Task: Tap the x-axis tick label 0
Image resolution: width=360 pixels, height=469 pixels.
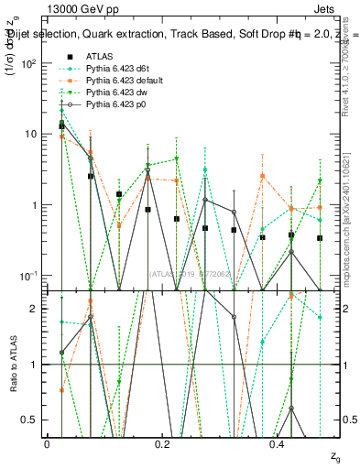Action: click(48, 443)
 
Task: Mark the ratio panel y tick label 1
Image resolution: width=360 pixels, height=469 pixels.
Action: click(34, 365)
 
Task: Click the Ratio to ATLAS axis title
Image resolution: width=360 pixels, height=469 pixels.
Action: click(13, 364)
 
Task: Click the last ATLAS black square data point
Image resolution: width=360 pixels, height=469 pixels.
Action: click(320, 238)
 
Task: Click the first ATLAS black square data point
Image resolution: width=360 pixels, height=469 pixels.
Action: click(61, 125)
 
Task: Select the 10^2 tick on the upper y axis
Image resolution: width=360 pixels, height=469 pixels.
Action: click(30, 63)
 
